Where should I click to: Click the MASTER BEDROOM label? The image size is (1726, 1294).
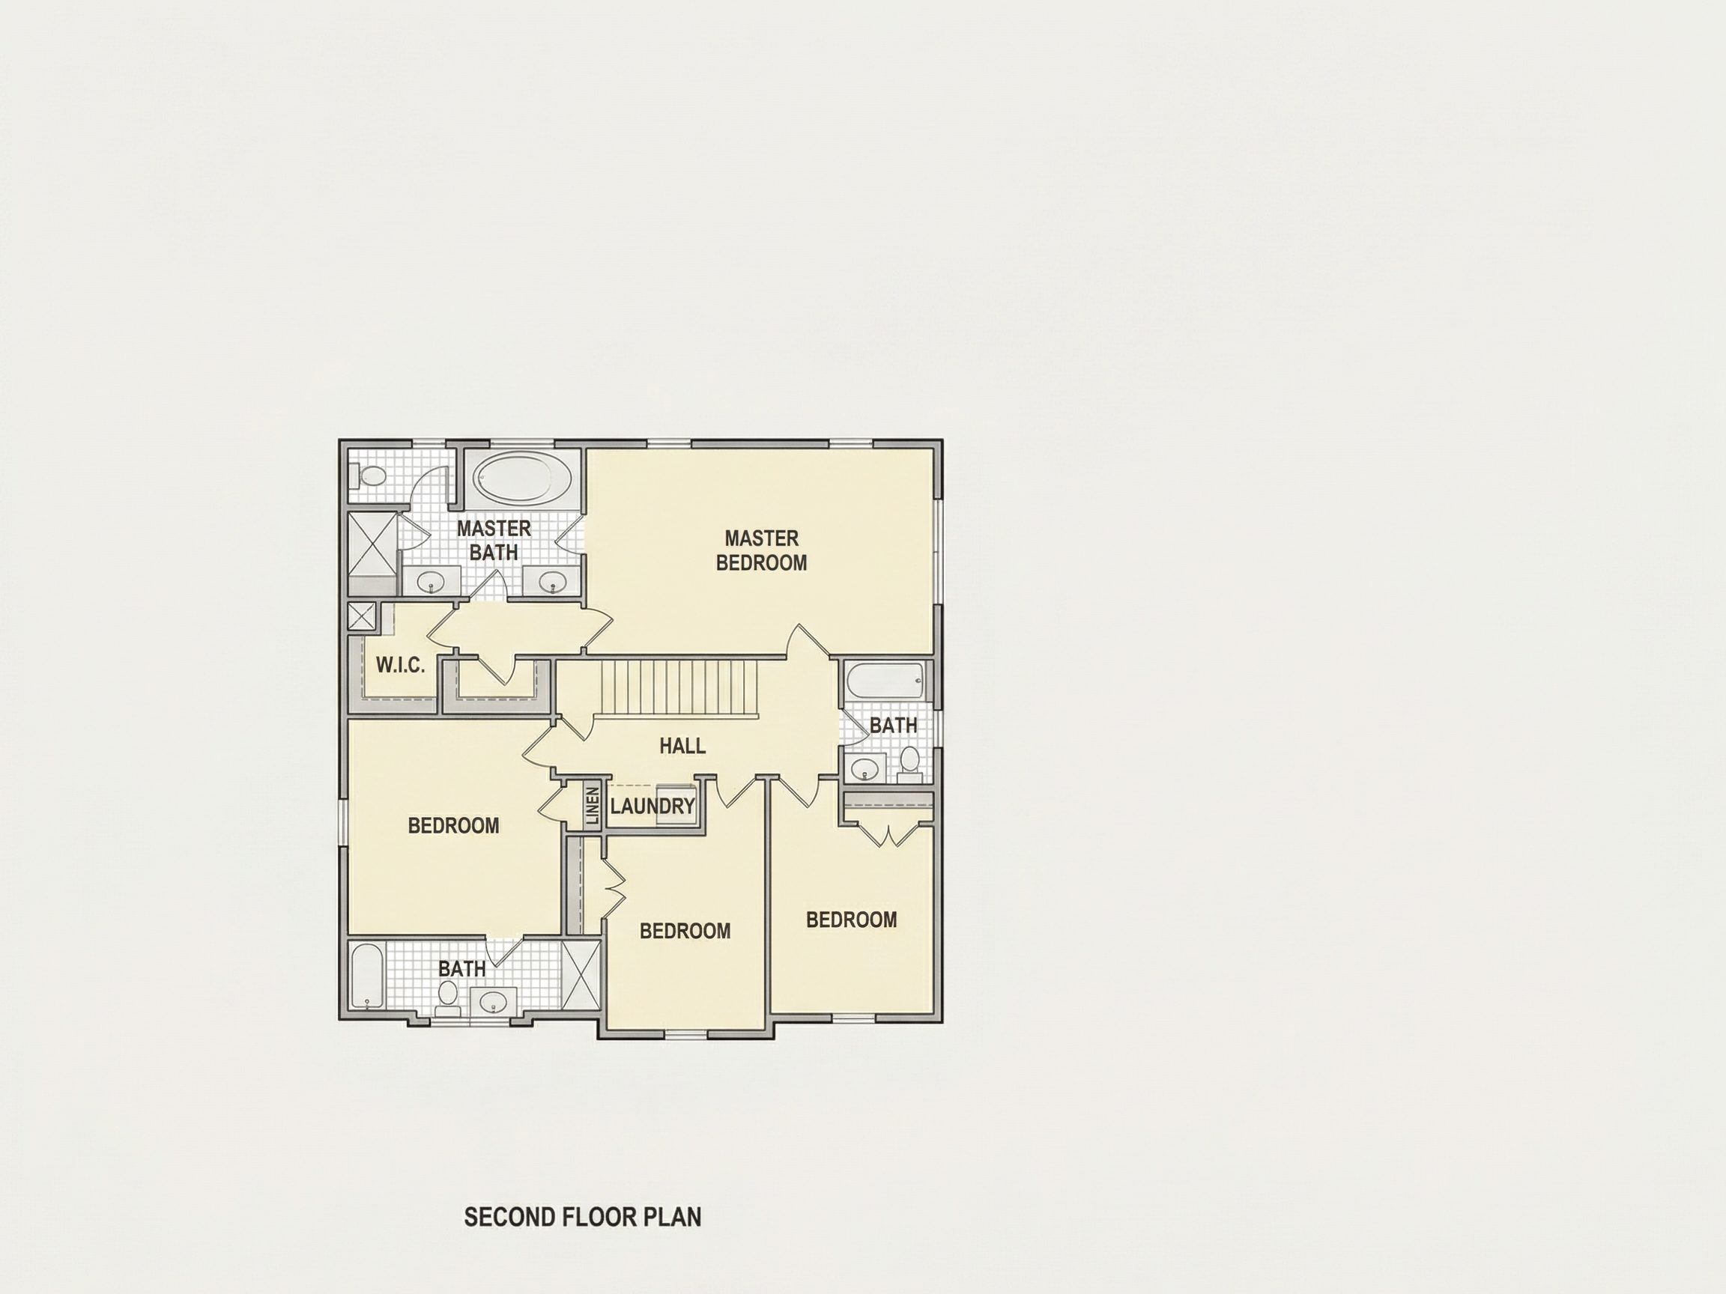pos(761,550)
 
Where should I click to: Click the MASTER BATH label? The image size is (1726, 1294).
pos(494,540)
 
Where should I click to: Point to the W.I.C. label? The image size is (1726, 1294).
pos(400,665)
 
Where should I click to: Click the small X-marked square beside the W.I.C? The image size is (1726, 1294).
pos(361,616)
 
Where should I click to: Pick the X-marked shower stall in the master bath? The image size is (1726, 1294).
pos(372,544)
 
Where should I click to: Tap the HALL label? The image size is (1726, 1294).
pos(682,746)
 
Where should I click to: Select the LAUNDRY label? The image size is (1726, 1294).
pos(652,806)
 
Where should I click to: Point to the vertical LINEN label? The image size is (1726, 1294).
pos(592,806)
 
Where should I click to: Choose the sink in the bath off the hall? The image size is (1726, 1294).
pos(864,768)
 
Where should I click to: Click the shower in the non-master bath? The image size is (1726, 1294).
pos(581,977)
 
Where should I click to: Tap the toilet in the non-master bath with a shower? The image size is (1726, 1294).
pos(448,997)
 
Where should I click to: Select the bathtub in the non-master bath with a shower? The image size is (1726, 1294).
pos(366,977)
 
